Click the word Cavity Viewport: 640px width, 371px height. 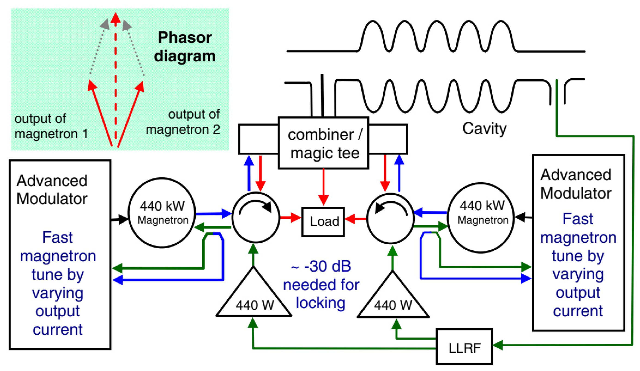(x=484, y=129)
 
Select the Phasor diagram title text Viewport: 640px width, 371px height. (x=185, y=47)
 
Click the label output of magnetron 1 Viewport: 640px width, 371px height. (x=51, y=126)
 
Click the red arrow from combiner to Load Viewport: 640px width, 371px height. (x=323, y=187)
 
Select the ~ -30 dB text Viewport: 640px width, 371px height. (x=321, y=266)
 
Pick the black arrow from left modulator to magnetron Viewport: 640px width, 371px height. (x=119, y=219)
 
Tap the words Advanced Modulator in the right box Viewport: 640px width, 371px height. (x=575, y=184)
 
